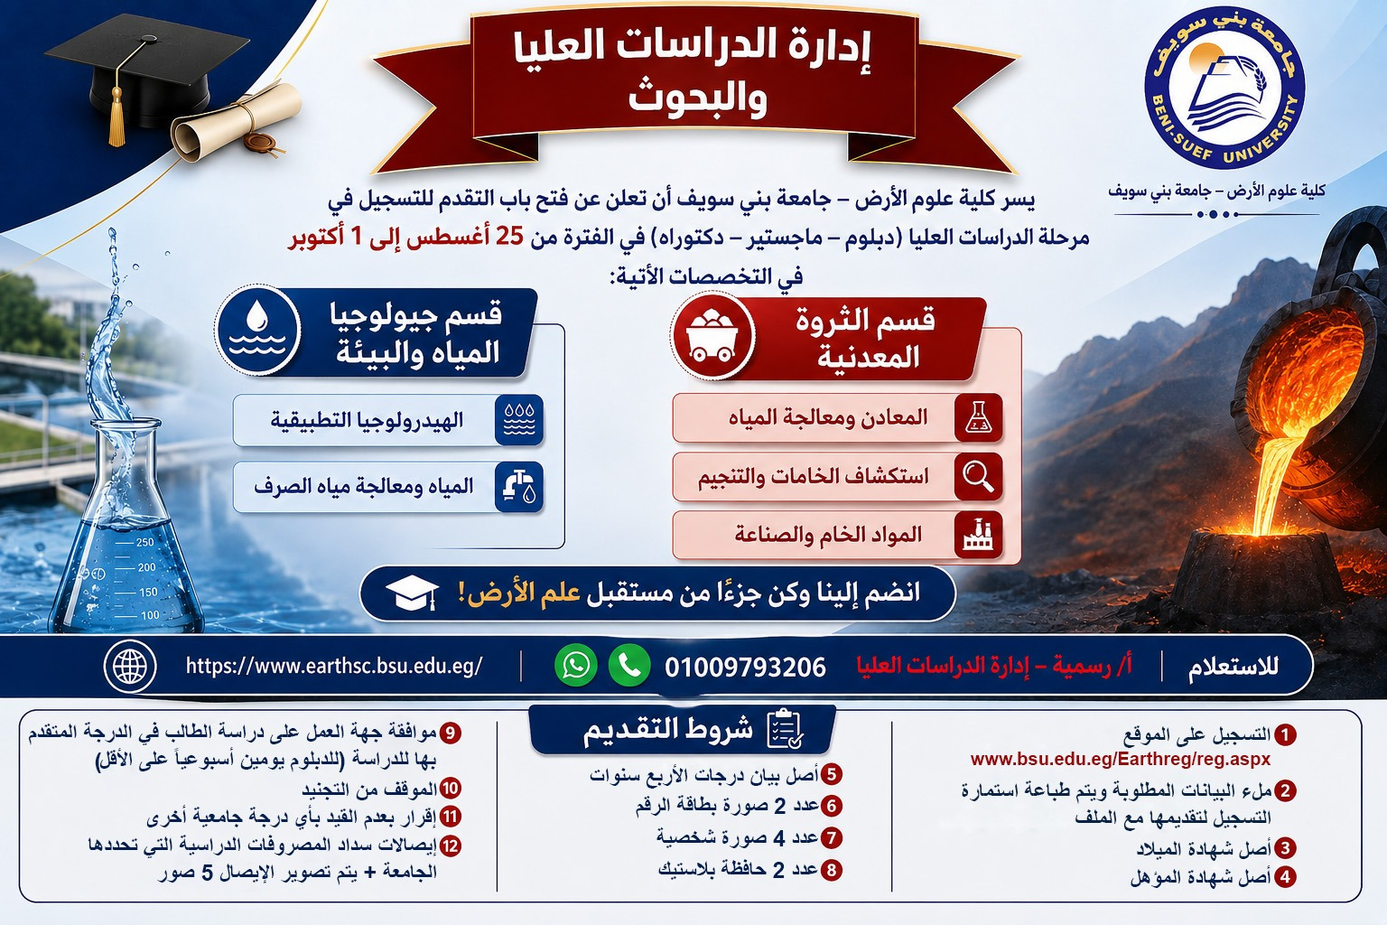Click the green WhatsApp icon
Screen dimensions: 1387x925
coord(576,666)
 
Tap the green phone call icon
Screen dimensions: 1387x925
coord(629,666)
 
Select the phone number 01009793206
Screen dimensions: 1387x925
coord(746,668)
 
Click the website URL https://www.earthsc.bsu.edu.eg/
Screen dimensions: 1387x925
coord(334,666)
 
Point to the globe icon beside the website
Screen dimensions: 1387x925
coord(130,667)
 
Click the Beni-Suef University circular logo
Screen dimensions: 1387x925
coord(1224,89)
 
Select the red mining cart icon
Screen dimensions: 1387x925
coord(712,335)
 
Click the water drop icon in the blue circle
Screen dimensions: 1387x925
coord(257,331)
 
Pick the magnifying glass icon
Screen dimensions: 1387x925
coord(978,476)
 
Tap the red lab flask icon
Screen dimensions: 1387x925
coord(978,417)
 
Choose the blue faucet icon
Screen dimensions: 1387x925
coord(519,487)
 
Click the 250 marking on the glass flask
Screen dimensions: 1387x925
coord(144,542)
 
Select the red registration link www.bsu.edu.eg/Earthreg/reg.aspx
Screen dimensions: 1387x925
coord(1121,760)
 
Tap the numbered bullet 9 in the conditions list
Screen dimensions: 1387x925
coord(451,733)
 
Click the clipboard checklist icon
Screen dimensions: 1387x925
coord(785,729)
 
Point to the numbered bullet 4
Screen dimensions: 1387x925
coord(1286,878)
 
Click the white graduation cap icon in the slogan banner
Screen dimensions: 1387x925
coord(411,593)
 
